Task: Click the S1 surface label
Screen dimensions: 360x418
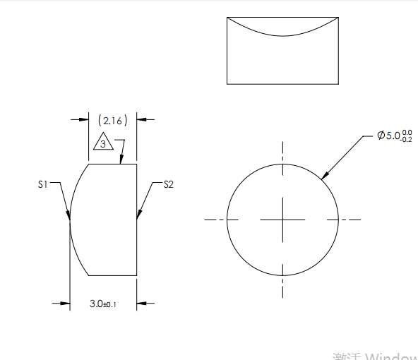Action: click(x=42, y=184)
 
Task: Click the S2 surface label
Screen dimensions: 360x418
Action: click(x=168, y=184)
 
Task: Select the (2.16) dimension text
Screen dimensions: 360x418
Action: click(x=112, y=121)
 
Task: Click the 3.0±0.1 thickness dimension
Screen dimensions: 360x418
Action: click(x=103, y=304)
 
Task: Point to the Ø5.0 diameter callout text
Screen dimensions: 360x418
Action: click(x=395, y=136)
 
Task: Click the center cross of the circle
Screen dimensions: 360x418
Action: click(x=282, y=220)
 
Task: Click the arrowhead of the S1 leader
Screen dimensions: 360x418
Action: click(x=70, y=216)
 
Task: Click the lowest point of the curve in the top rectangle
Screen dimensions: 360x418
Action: click(x=282, y=35)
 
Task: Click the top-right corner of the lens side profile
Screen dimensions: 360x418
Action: click(x=136, y=164)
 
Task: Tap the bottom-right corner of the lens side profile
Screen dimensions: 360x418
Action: click(x=136, y=275)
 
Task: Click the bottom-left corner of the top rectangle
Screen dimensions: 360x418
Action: click(x=227, y=83)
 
